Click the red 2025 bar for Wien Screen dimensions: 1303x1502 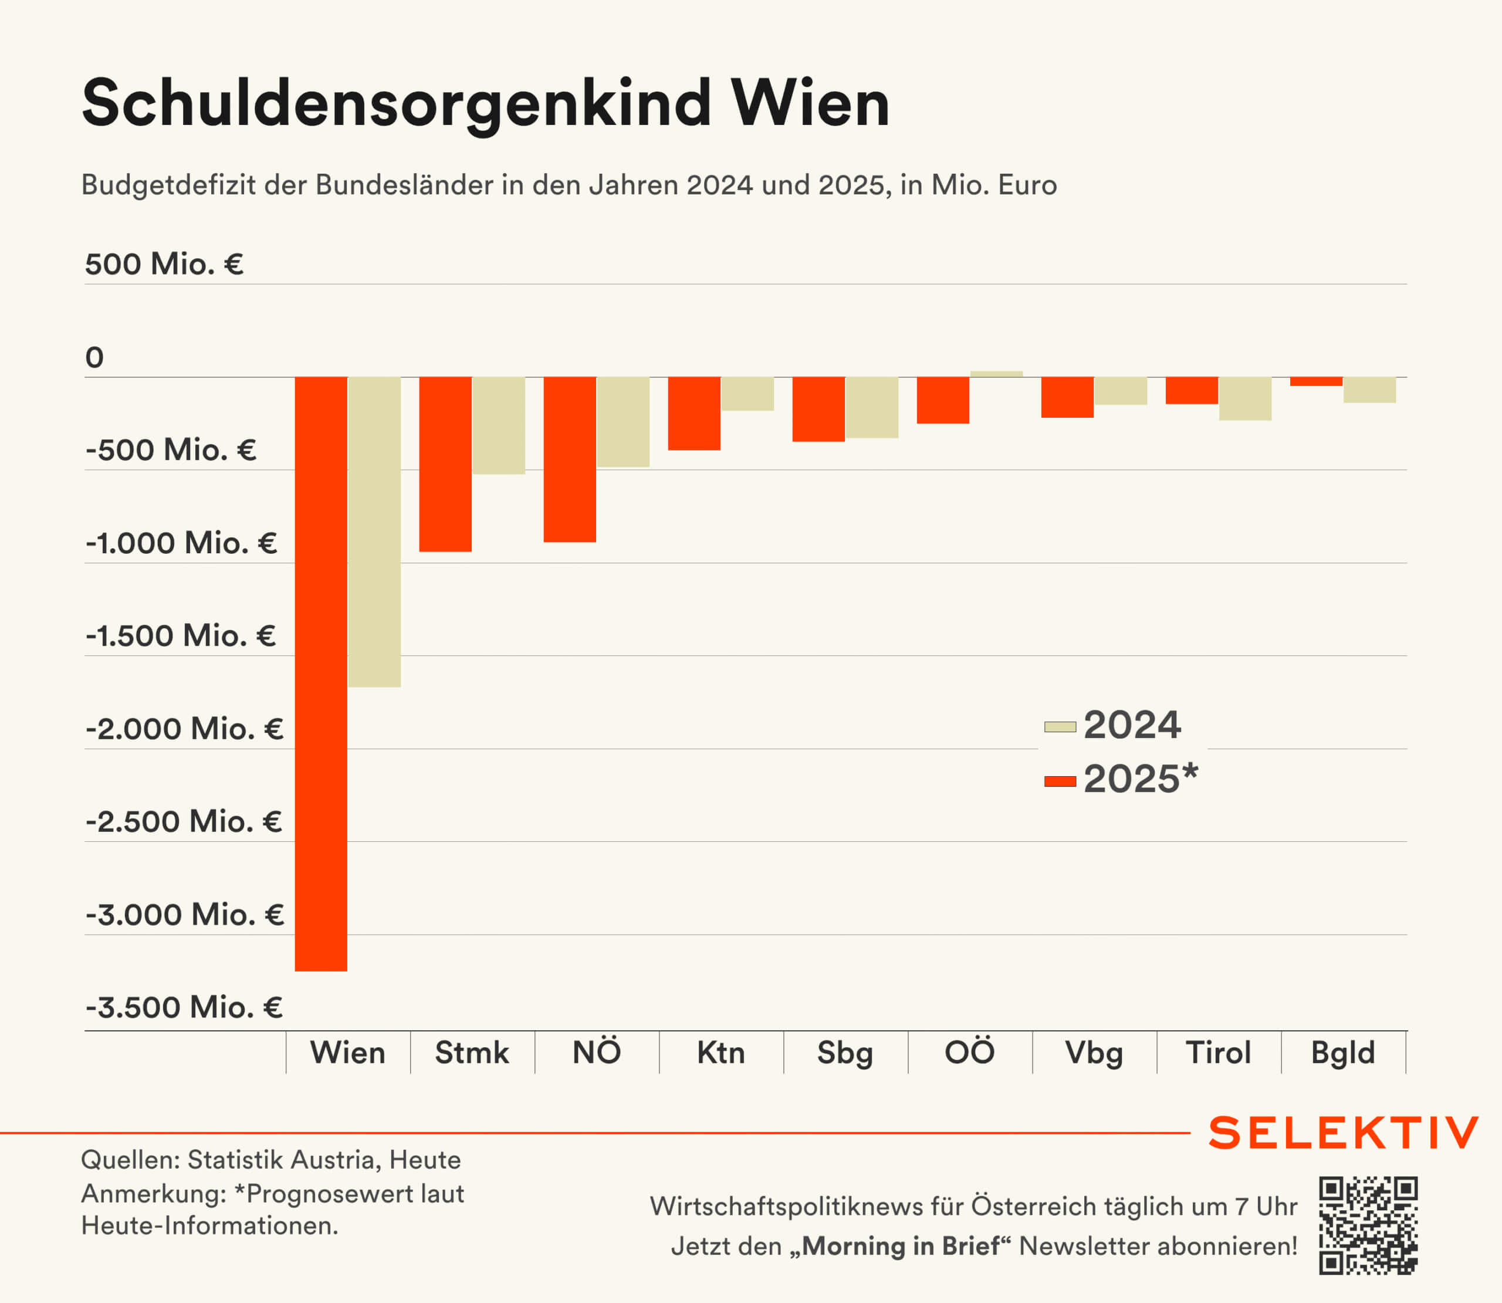click(x=320, y=674)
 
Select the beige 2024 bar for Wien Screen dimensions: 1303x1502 click(x=374, y=532)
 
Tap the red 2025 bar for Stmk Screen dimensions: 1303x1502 click(x=445, y=464)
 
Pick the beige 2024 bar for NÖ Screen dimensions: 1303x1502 click(x=623, y=422)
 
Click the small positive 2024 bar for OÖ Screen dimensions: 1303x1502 click(x=996, y=374)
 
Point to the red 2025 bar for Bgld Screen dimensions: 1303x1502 click(x=1316, y=381)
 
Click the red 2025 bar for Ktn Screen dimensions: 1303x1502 click(x=694, y=413)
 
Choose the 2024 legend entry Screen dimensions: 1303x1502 click(x=1113, y=725)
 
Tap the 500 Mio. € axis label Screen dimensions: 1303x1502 click(x=164, y=264)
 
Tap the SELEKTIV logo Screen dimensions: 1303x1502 click(x=1344, y=1133)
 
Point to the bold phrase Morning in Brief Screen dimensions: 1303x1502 click(x=906, y=1246)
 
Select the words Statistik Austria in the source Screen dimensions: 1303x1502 click(x=283, y=1160)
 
